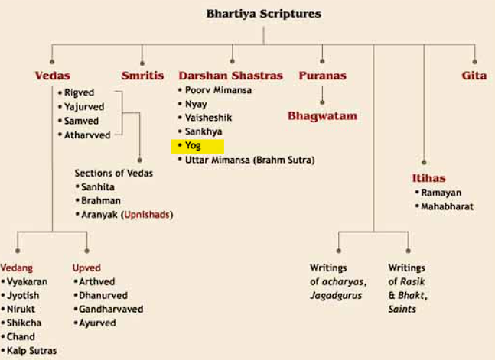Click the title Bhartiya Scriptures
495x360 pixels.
[x=264, y=14]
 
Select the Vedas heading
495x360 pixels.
[x=53, y=76]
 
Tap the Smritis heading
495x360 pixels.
[x=142, y=76]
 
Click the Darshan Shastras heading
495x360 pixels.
[x=231, y=76]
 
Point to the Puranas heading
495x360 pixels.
[x=322, y=76]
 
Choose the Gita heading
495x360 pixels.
[x=474, y=76]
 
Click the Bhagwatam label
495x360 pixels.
[x=322, y=116]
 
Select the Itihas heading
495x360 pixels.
[x=428, y=178]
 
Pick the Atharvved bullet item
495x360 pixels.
[x=88, y=135]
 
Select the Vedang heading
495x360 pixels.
[x=16, y=268]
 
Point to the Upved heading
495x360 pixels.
[x=86, y=268]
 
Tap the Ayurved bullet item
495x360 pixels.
[x=99, y=323]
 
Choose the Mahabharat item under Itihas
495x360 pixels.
[x=447, y=206]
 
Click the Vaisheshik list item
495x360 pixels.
[x=210, y=117]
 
